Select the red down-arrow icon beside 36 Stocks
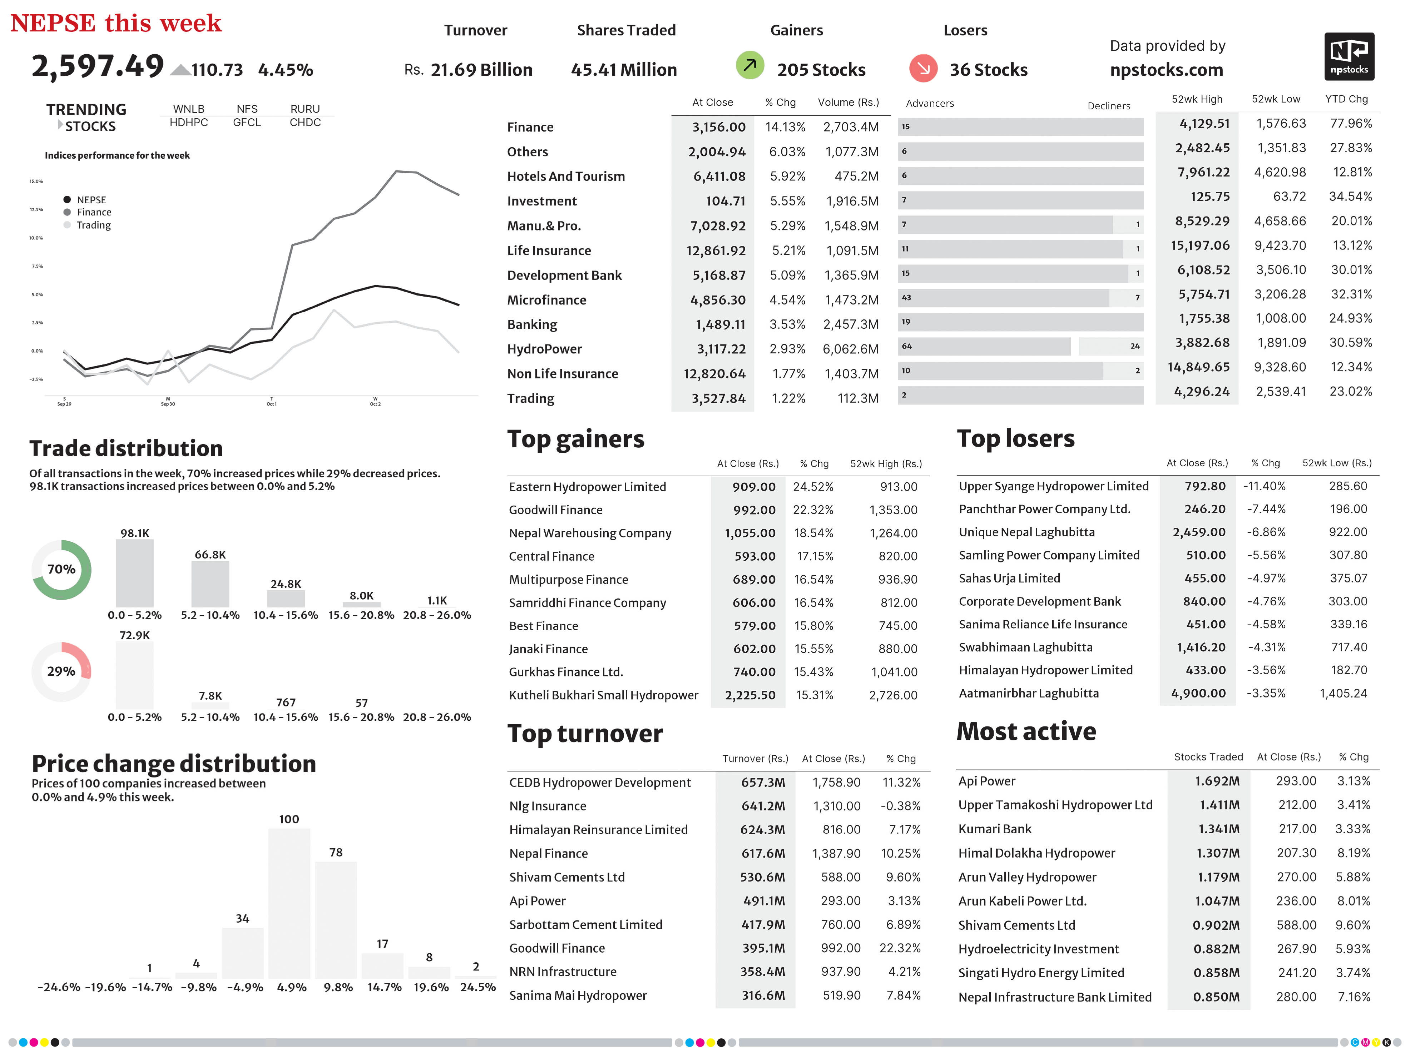coord(923,68)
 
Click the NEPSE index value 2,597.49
coord(98,66)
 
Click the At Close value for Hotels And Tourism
coord(719,177)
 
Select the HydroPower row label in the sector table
coord(544,349)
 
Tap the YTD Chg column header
coord(1346,99)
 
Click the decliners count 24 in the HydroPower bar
coord(1134,346)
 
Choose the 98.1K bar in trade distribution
coord(134,573)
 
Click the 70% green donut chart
coord(61,570)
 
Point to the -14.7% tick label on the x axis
coord(152,987)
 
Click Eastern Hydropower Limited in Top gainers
coord(587,487)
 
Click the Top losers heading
coord(1015,438)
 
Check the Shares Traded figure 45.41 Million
coord(624,70)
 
